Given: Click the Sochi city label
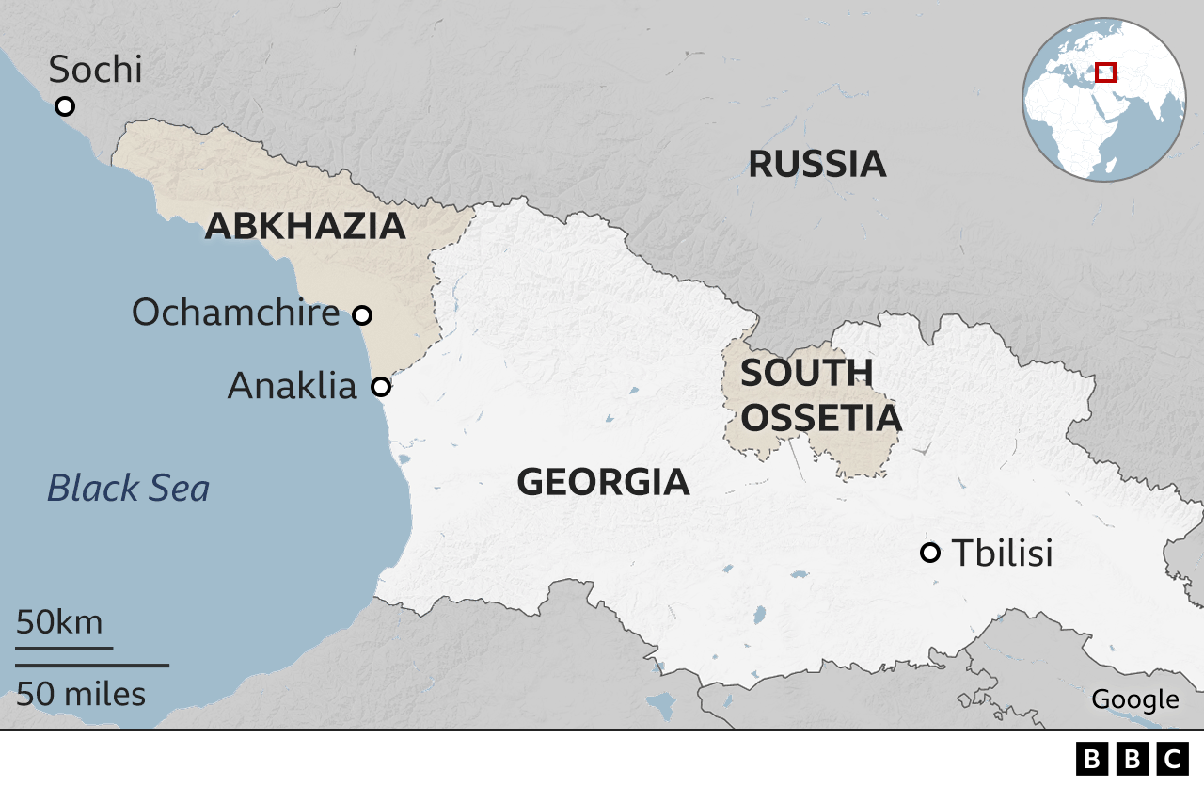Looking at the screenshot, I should coord(95,70).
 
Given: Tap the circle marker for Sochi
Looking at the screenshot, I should coord(65,106).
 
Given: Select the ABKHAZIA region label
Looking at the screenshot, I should coord(305,226).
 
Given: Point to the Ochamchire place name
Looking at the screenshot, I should coord(235,312).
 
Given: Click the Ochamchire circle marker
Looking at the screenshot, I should coord(362,315).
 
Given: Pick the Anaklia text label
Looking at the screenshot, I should coord(293,386).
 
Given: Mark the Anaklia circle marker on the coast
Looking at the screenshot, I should coord(381,387).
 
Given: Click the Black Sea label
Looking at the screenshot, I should coord(129,489).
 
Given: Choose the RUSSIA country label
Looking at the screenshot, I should coord(816,164).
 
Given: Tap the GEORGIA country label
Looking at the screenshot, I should coord(603,482).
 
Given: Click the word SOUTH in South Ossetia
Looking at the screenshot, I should coord(806,374).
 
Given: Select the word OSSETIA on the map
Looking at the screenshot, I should coord(820,418).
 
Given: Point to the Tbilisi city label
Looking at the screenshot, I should coord(1002,554).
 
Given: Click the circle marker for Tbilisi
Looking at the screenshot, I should coord(930,553).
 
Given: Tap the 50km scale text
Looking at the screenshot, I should coord(59,622).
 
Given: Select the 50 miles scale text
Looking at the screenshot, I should coord(81,694).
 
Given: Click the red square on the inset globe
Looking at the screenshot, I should coord(1106,72).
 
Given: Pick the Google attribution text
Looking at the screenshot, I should coord(1134,699).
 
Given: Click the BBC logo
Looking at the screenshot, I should coord(1132,759).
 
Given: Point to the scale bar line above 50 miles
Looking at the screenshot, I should coord(92,666).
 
